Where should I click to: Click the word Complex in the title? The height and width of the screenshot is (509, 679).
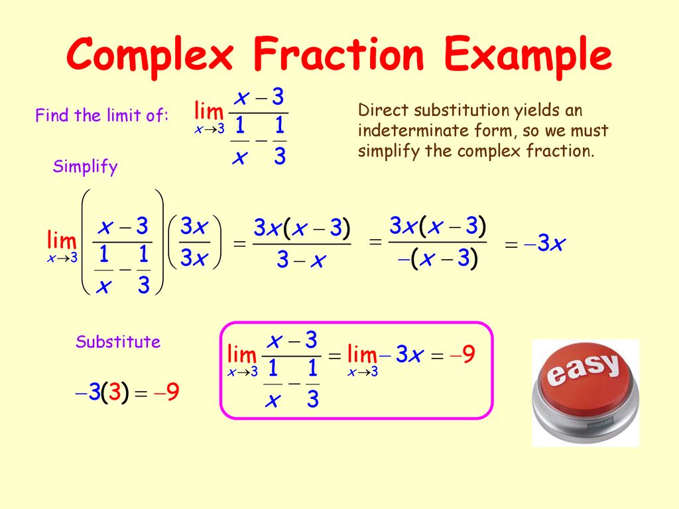tap(150, 56)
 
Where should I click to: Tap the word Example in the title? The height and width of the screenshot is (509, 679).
tap(528, 56)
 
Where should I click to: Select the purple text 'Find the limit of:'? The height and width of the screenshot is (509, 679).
tap(102, 116)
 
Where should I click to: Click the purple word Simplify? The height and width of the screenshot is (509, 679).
tap(85, 168)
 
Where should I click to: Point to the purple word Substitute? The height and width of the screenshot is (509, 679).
tap(118, 343)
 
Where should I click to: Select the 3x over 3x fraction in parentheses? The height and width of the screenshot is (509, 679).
tap(194, 243)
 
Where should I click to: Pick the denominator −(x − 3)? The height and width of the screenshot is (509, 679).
tap(438, 259)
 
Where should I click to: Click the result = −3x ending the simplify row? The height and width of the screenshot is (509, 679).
tap(534, 245)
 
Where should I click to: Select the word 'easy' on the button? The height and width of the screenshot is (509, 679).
tap(584, 370)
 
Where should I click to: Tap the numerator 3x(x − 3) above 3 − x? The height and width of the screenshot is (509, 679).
tap(302, 228)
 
